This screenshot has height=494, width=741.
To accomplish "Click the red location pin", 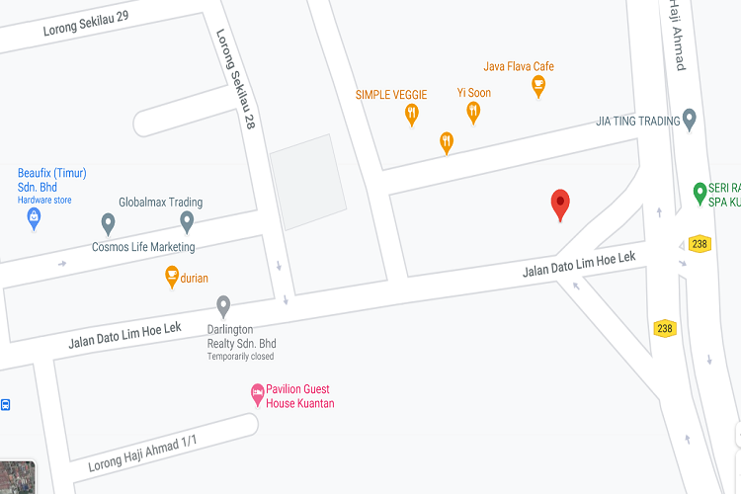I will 560,203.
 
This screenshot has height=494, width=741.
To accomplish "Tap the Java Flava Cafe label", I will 519,66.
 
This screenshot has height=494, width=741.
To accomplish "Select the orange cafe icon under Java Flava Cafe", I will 538,88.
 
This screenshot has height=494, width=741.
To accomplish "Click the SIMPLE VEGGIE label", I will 391,94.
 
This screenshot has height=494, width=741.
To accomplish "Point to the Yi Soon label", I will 473,93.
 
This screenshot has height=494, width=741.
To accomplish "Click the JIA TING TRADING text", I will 638,121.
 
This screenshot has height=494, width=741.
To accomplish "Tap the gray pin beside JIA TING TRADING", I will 691,120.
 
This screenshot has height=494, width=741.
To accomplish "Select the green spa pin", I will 700,191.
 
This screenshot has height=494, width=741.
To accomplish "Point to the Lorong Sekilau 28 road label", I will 237,79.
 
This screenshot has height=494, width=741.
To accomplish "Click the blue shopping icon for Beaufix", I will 34,216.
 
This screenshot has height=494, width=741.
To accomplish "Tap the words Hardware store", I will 44,200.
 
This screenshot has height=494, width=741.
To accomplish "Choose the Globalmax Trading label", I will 160,203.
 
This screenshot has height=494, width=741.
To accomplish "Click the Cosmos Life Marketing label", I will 143,247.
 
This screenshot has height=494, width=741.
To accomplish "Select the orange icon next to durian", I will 171,277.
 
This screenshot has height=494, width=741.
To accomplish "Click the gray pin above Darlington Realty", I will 223,305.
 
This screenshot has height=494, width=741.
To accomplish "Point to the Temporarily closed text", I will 240,357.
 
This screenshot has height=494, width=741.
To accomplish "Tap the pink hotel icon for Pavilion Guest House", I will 257,395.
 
